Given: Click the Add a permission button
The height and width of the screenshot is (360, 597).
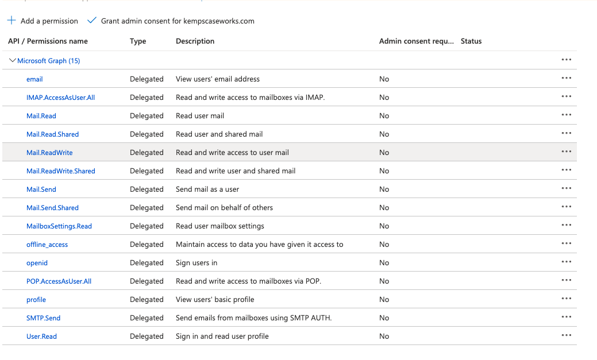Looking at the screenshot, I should [49, 21].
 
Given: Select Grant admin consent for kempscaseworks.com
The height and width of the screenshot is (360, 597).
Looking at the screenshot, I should [177, 21].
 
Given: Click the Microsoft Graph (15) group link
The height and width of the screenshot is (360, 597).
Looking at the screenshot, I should [48, 61].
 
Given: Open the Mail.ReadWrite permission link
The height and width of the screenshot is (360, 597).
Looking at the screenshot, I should [49, 153].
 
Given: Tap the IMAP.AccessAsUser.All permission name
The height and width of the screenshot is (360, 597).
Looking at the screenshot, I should [60, 98].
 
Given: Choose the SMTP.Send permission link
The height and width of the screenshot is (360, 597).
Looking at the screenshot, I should [43, 318].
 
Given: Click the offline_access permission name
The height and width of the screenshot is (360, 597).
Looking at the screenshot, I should [47, 245].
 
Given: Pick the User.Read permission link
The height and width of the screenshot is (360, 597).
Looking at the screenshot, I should [41, 336].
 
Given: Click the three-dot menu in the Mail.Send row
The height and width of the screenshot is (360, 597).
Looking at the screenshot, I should [567, 189].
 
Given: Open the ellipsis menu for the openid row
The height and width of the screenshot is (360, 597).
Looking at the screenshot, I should [567, 262].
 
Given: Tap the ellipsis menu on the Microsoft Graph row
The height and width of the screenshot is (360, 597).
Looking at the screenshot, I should [567, 60].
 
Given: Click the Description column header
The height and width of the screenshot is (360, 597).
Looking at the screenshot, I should [195, 41].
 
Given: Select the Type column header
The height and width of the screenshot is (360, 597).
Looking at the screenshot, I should [138, 41].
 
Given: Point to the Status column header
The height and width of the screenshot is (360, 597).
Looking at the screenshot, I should [471, 41].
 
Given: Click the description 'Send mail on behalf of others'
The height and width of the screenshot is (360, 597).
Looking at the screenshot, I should [224, 208].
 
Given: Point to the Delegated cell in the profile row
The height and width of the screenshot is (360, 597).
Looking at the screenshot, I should [147, 300].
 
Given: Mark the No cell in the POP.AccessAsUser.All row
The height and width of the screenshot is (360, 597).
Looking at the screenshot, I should [384, 281].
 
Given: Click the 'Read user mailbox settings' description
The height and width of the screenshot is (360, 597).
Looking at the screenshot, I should [220, 226].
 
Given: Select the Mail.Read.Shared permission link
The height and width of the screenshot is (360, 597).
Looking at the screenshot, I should [52, 134].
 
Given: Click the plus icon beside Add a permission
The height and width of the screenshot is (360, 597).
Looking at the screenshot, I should [11, 21].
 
